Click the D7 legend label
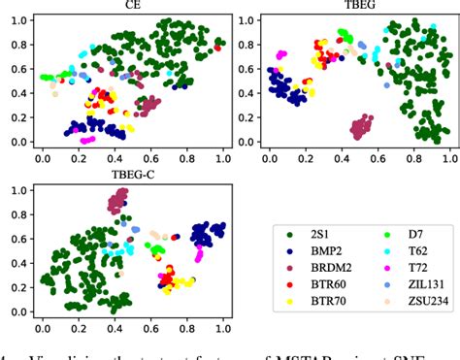pos(404,232)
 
